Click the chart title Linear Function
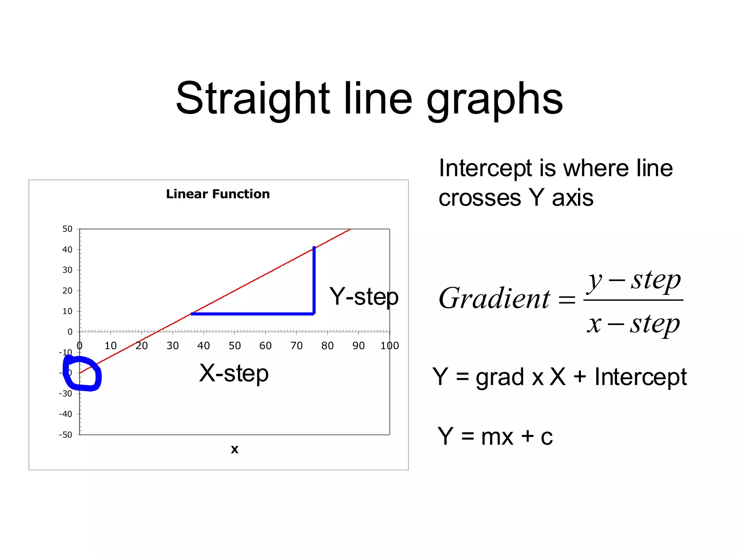(218, 194)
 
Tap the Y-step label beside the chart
(363, 297)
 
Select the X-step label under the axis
(234, 373)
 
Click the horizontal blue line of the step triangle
(253, 314)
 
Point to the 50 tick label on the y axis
(67, 229)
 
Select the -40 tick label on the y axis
(66, 414)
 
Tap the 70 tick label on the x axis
(297, 346)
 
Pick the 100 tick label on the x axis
(390, 346)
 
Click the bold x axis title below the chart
(235, 449)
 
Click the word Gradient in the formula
(494, 299)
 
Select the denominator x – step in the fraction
(633, 324)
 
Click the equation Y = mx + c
(495, 436)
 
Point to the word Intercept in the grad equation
(640, 377)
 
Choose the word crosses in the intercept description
(480, 198)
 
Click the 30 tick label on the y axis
(67, 270)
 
